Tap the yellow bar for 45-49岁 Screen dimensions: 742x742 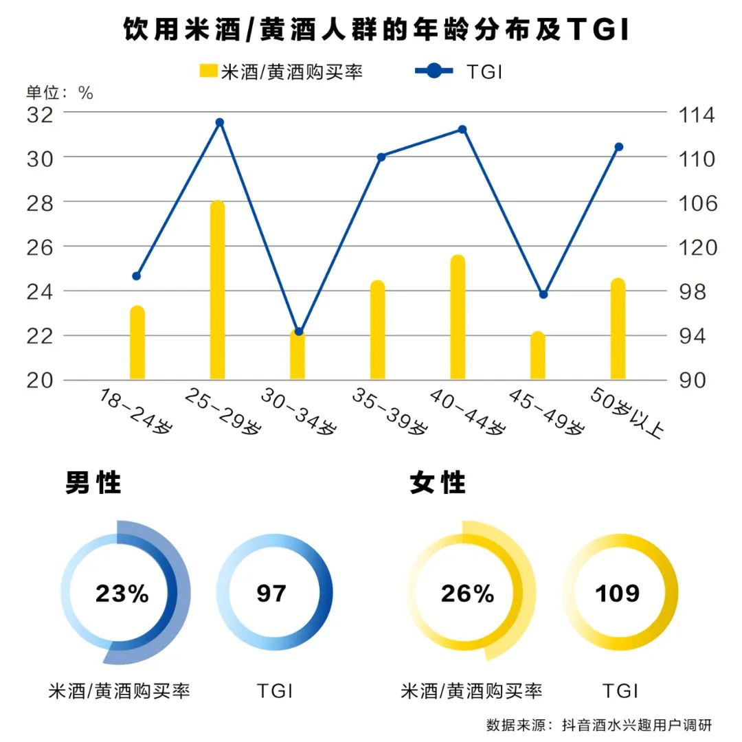538,356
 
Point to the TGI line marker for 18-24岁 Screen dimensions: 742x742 136,276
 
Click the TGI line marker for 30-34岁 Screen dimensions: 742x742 298,332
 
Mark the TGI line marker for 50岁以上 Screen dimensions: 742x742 618,146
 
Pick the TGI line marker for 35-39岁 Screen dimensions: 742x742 382,157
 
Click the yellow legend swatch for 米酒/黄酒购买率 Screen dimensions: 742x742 208,71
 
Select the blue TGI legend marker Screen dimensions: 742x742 434,71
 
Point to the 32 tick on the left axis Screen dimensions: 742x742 40,113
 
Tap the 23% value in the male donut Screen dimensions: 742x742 122,594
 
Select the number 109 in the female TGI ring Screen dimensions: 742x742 618,594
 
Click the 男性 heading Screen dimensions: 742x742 93,483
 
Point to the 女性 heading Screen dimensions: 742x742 438,483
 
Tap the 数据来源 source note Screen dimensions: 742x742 598,725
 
